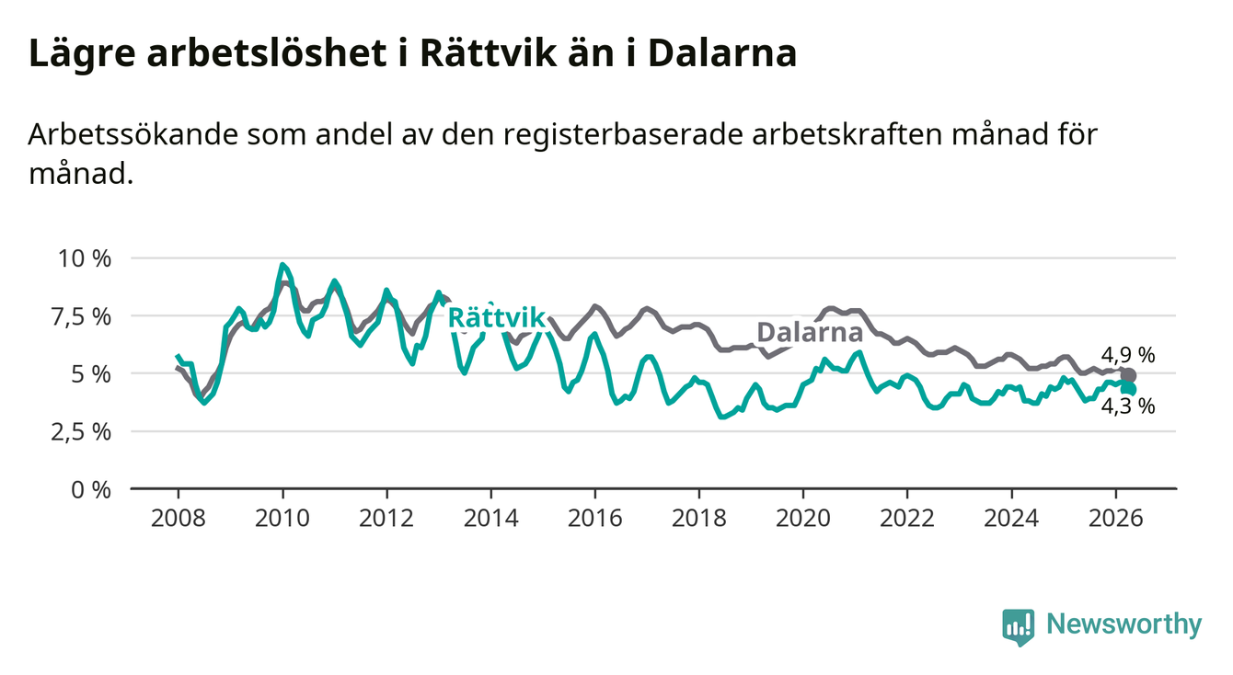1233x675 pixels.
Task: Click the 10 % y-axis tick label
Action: (x=85, y=258)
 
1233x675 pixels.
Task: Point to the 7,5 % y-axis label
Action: (x=82, y=317)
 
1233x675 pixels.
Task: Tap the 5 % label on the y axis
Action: (x=92, y=374)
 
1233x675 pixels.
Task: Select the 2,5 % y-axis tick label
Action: (x=82, y=432)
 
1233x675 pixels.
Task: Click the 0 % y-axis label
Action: (x=91, y=490)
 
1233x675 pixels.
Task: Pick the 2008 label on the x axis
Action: (x=179, y=519)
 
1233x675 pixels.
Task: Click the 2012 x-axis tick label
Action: (x=386, y=519)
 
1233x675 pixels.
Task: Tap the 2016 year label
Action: (x=595, y=519)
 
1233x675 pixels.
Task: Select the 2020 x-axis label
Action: (x=803, y=519)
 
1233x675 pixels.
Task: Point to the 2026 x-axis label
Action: (x=1116, y=519)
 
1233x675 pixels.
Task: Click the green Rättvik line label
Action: (x=497, y=317)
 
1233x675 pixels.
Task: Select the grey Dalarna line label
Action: (x=810, y=332)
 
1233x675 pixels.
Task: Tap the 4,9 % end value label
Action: (x=1128, y=355)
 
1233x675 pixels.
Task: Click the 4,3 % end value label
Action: (x=1128, y=406)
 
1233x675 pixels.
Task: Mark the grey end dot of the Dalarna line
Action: (x=1128, y=376)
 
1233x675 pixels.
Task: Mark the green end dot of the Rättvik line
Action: (x=1128, y=390)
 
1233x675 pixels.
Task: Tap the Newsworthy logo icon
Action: (x=1019, y=627)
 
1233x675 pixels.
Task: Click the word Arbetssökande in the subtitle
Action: (x=133, y=134)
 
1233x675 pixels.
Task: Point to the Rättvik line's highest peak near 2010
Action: (x=282, y=265)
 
